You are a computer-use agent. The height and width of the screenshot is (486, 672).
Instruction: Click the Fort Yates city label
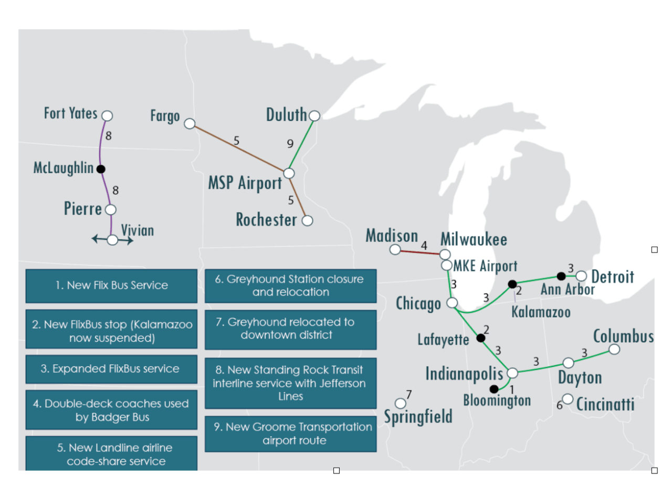pos(70,113)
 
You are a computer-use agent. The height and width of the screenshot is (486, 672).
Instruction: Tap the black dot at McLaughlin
pos(101,169)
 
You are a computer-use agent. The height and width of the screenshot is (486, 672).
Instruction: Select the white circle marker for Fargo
pos(190,124)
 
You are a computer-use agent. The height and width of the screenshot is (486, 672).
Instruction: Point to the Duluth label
pos(287,114)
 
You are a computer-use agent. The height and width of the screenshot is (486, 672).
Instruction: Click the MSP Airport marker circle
pos(289,173)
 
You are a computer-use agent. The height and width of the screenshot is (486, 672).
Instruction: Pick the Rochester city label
pos(266,219)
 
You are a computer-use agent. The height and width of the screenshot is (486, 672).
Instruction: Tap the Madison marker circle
pos(395,249)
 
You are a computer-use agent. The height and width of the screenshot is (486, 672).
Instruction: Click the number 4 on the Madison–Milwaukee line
pos(424,245)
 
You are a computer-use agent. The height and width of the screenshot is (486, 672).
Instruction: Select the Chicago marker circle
pos(451,303)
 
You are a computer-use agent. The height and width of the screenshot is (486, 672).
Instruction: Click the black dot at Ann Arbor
pos(561,276)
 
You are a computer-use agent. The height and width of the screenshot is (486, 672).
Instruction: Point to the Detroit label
pos(613,277)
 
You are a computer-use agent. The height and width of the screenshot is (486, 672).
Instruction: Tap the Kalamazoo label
pos(540,312)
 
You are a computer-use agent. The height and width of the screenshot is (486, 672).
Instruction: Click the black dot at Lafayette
pos(480,338)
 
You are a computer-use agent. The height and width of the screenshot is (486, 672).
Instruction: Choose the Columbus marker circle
pos(614,349)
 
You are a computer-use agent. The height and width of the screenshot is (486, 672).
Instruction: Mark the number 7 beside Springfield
pos(408,394)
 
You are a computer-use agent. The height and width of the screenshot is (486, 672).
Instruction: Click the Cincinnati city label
pos(605,405)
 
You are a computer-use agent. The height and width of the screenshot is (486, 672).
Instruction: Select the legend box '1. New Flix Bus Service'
pos(111,286)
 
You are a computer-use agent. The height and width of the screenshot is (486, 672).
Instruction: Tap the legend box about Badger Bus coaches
pos(111,410)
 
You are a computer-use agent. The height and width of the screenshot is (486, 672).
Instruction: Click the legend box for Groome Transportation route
pos(291,434)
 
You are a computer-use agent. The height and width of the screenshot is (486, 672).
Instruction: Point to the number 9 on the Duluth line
pos(290,143)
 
